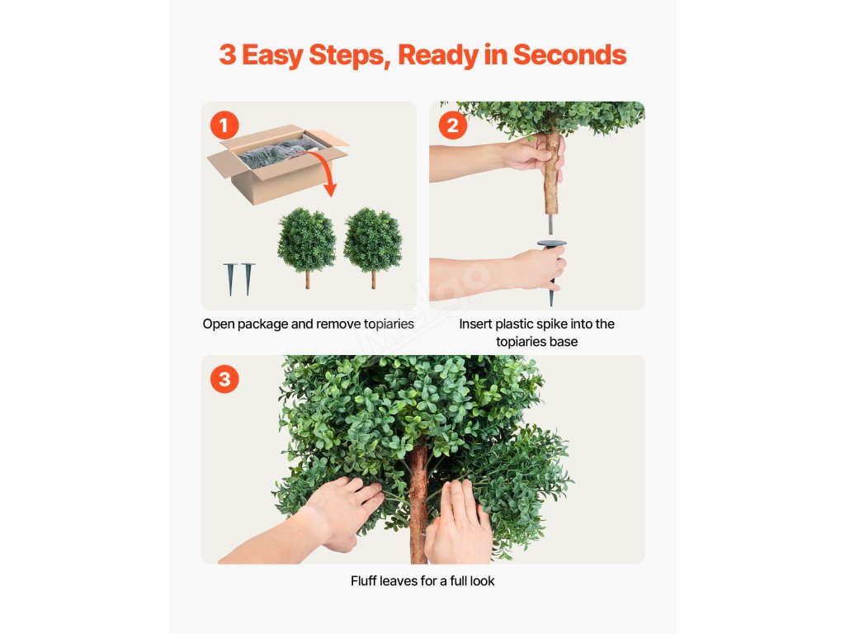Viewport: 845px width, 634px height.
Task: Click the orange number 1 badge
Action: [224, 125]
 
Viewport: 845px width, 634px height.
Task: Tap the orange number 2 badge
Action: [453, 125]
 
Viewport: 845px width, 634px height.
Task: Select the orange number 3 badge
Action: [224, 379]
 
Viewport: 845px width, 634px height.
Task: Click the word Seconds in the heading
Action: [569, 55]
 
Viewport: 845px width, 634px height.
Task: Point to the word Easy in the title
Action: [272, 55]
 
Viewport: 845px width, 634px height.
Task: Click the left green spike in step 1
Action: [230, 278]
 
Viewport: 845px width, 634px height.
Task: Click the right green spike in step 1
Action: [248, 278]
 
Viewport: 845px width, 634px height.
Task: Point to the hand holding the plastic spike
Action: [539, 268]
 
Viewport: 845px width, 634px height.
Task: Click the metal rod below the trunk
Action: [550, 225]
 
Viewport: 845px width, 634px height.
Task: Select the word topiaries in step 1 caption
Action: [389, 324]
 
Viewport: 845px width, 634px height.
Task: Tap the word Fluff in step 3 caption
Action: [364, 580]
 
